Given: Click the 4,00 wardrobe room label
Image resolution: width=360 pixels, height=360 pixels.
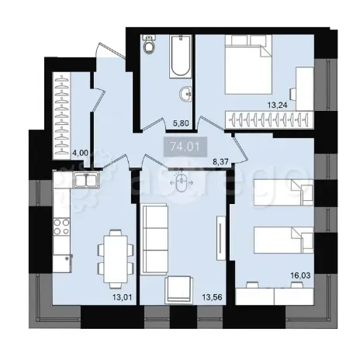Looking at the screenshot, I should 79,153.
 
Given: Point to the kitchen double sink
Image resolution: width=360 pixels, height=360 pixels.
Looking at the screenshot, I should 83,182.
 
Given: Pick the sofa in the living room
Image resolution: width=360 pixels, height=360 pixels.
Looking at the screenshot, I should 154,230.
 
